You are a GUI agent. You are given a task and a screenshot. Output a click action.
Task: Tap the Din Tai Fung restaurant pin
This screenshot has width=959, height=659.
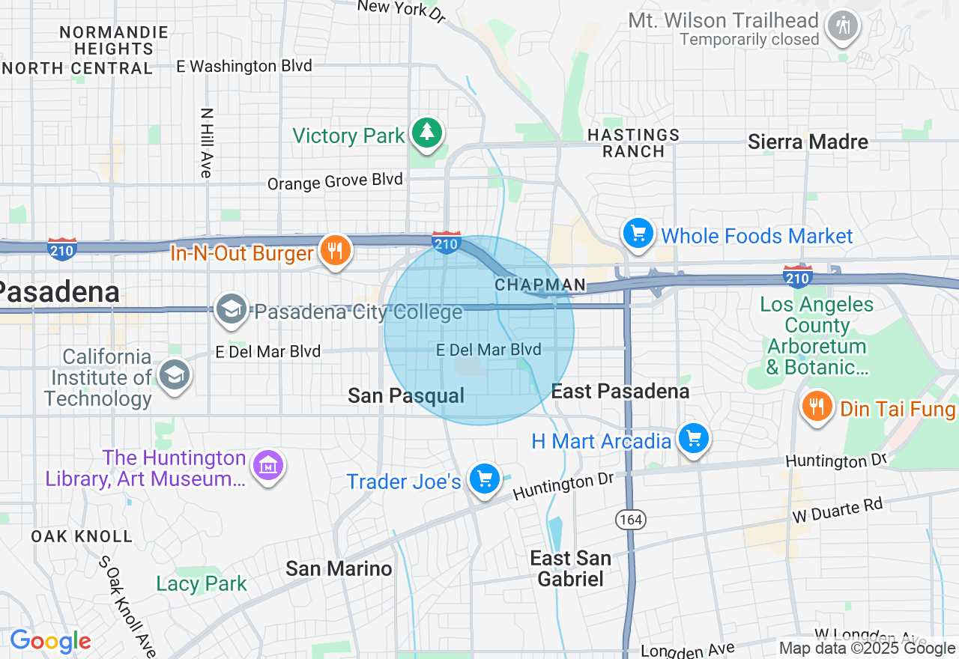(x=817, y=407)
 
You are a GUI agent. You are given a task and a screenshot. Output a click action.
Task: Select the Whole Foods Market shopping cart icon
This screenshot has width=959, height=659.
(x=638, y=234)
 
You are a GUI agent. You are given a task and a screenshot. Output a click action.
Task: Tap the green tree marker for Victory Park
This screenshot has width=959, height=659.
(x=427, y=133)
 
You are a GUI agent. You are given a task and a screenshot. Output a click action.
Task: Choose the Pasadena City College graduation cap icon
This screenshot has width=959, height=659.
(x=232, y=309)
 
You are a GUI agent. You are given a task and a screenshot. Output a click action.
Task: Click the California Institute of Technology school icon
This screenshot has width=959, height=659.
(x=175, y=376)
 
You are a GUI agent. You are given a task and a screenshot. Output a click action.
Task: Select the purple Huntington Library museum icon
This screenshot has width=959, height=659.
(x=267, y=467)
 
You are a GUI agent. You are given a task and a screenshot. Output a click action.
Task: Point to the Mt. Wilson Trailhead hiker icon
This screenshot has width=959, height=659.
(x=843, y=26)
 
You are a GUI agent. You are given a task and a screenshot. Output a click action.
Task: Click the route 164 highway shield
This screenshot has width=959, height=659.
(x=631, y=518)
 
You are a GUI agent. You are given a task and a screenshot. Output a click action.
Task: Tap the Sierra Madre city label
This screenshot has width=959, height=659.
(x=808, y=142)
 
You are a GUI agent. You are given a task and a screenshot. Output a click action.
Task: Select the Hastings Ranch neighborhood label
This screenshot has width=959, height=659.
(x=633, y=143)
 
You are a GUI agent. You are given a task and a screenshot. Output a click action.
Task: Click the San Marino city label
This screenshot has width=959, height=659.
(x=339, y=568)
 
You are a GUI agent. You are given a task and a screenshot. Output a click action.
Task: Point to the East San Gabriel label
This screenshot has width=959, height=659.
(x=570, y=568)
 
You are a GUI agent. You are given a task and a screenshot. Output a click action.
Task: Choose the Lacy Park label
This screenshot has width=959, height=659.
(x=202, y=583)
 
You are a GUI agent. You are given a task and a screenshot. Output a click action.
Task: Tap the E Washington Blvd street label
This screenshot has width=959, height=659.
(x=243, y=66)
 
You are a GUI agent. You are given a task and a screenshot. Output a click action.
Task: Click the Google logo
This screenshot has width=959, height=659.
(x=50, y=641)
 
